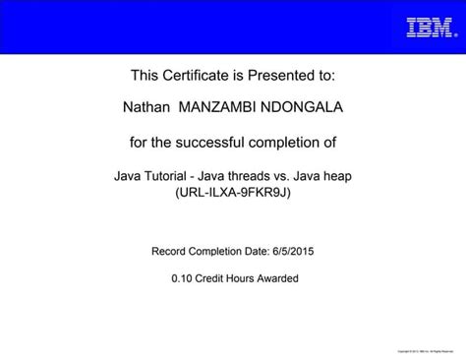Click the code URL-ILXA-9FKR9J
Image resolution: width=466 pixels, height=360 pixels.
point(233,193)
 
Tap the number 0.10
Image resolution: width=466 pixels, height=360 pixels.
point(182,278)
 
